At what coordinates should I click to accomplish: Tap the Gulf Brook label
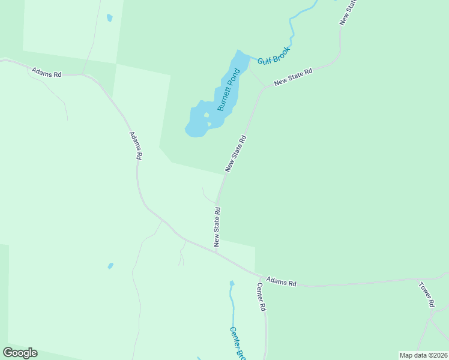click(274, 56)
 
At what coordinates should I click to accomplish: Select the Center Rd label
click(261, 296)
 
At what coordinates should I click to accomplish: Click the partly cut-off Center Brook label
click(238, 343)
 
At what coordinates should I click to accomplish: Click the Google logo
click(20, 353)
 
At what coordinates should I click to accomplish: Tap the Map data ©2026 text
click(423, 355)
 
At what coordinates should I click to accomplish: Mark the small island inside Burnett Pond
click(206, 116)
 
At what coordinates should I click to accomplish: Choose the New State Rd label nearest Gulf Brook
click(294, 77)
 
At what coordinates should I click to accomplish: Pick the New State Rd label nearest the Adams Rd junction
click(217, 227)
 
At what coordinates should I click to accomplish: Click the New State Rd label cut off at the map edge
click(348, 12)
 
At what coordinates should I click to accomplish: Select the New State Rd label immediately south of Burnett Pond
click(236, 154)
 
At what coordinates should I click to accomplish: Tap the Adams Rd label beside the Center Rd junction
click(282, 281)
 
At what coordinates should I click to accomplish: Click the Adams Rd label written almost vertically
click(135, 146)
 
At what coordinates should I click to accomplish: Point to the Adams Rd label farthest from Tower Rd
click(46, 74)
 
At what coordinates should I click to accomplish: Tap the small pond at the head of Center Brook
click(232, 283)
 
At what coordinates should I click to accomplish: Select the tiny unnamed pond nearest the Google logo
click(110, 265)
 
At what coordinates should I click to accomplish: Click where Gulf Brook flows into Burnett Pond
click(249, 56)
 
